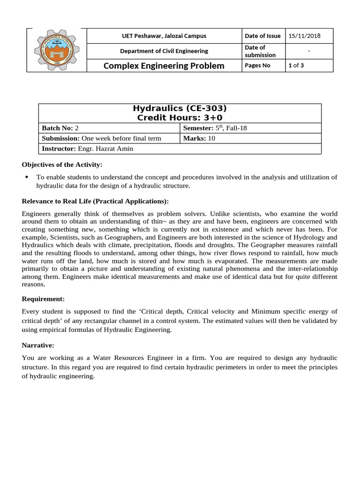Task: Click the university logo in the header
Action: coord(57,50)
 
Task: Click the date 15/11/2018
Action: coord(302,36)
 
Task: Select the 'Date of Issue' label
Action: coord(262,36)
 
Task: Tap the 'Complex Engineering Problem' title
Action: coord(164,66)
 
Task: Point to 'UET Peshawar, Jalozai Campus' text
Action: coord(164,36)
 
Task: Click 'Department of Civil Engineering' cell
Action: coord(164,51)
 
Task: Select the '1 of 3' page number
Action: coord(296,66)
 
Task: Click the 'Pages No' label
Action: coord(257,66)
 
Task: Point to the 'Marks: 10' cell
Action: coord(199,138)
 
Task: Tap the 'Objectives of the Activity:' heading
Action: coord(62,165)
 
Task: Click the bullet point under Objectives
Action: coord(26,177)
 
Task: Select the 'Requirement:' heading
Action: coord(44,299)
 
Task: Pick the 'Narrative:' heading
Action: coord(38,345)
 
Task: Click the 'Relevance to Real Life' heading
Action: coord(95,202)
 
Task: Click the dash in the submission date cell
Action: coord(309,51)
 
